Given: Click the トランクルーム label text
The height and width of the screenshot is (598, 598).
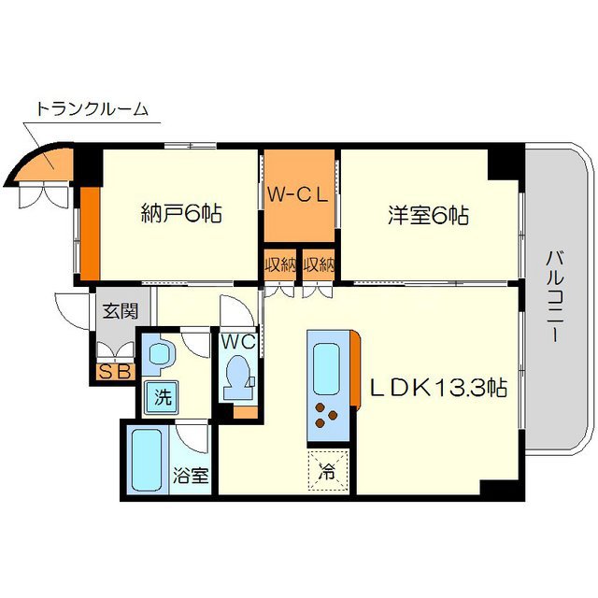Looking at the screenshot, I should tap(92, 109).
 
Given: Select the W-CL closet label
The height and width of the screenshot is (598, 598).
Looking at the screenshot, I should tap(299, 195).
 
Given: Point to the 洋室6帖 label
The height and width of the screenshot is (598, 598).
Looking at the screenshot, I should tap(429, 215).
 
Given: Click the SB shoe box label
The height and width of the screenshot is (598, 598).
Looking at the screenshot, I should tap(115, 372).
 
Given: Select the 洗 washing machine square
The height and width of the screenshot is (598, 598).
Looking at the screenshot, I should tap(163, 396).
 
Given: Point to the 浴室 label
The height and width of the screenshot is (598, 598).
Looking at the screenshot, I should tap(192, 474).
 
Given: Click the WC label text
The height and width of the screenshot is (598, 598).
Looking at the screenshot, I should tap(238, 342).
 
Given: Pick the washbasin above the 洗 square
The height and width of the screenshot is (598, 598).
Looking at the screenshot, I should tap(162, 356).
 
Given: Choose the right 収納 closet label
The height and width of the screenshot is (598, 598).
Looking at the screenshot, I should tap(318, 264).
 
